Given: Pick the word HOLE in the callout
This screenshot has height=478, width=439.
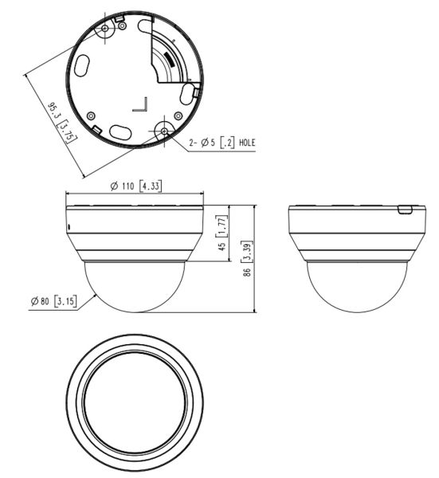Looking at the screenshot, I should point(245,143).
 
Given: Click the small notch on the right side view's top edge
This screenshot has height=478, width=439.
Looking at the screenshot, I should point(404,210).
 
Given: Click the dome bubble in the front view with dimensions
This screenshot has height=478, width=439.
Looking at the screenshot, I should point(134,285).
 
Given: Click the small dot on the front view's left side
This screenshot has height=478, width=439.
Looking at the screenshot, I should point(69,226).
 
